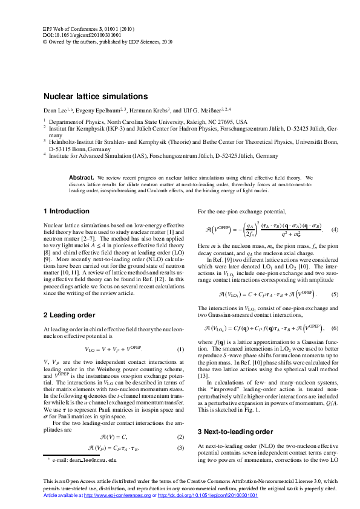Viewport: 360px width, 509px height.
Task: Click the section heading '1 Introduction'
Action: [66, 212]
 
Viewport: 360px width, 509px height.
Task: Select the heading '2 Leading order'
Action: [69, 315]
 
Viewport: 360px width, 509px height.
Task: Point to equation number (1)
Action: [180, 349]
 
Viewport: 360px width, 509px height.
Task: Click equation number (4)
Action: [335, 230]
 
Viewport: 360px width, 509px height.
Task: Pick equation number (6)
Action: [335, 328]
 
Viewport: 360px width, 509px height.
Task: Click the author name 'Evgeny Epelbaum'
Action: [100, 111]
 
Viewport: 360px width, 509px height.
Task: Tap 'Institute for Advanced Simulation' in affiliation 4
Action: [85, 155]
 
